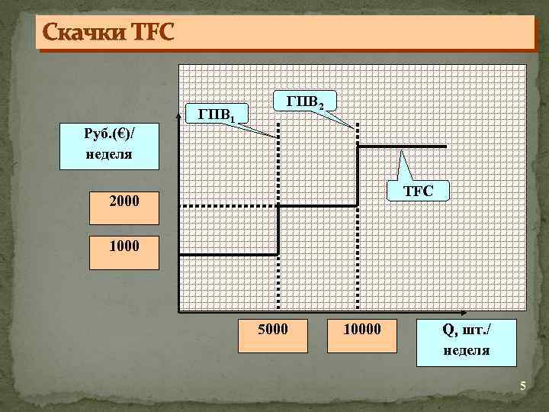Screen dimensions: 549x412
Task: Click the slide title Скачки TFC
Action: pos(108,33)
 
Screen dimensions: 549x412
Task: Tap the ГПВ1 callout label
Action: pos(221,115)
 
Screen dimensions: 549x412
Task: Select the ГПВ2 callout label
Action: pos(306,101)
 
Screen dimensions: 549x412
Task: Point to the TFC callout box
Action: pos(418,191)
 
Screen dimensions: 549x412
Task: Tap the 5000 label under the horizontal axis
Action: pos(272,330)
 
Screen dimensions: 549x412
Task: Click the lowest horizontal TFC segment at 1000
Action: pos(229,255)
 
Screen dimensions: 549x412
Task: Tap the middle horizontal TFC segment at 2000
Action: pos(319,205)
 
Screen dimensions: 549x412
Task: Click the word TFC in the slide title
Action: pos(153,33)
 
